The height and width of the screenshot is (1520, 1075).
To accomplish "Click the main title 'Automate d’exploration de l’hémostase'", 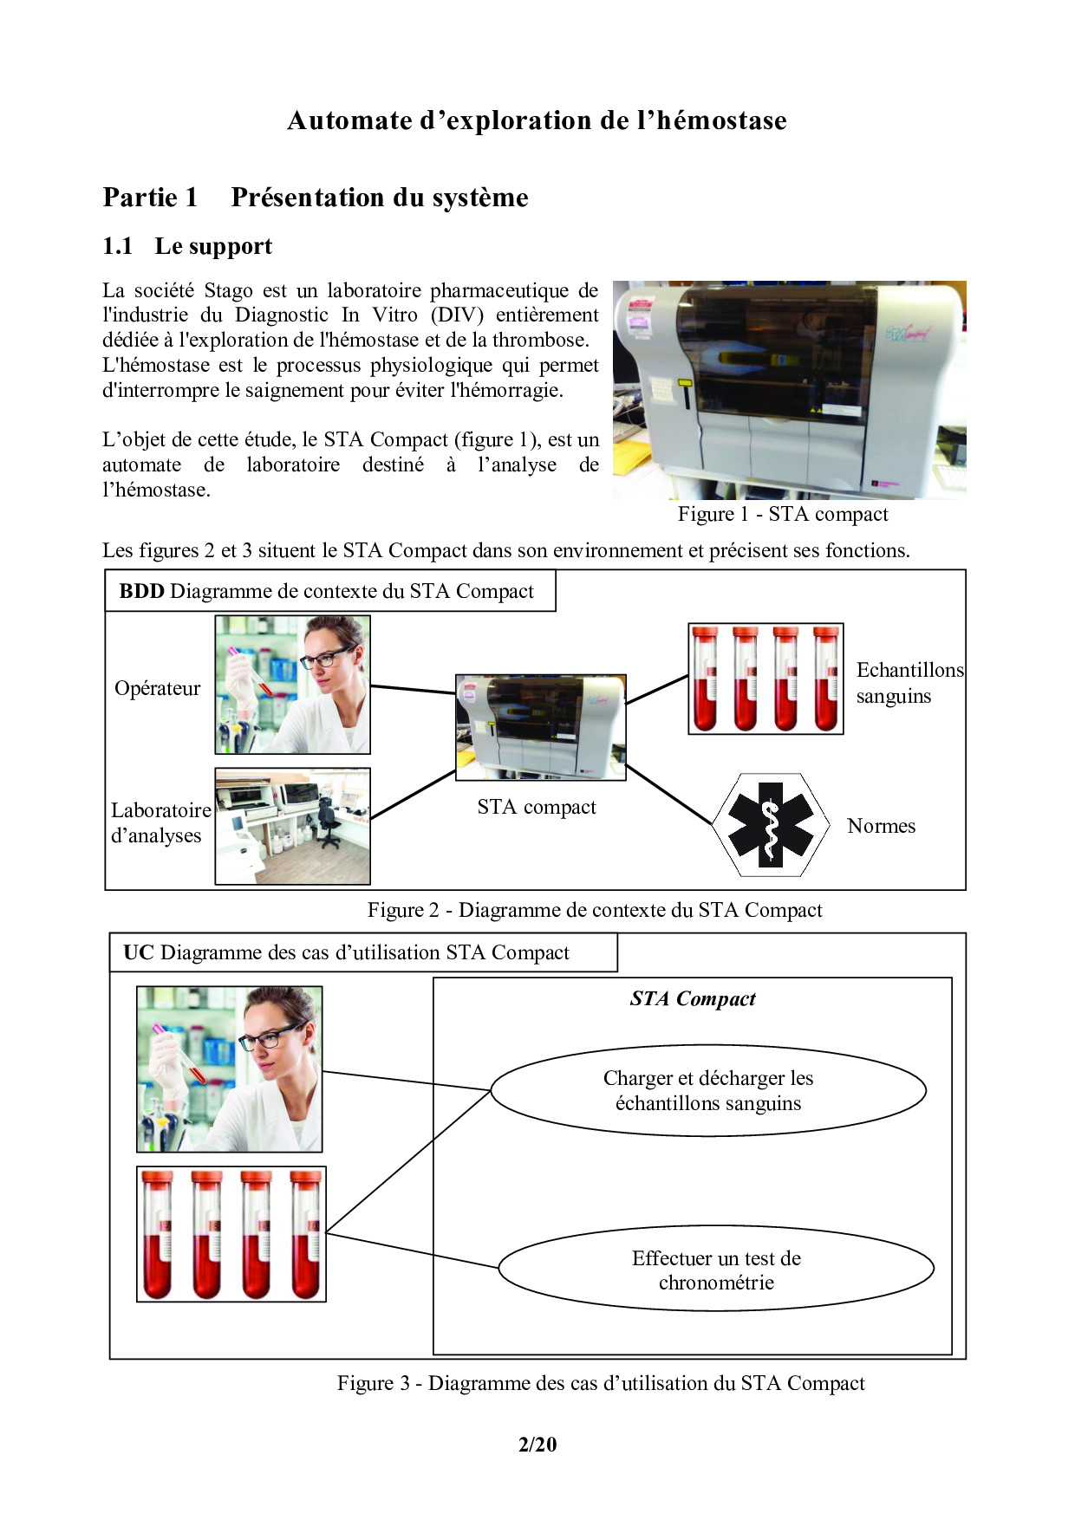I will coord(537,120).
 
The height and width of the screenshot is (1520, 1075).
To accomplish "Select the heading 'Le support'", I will coord(212,247).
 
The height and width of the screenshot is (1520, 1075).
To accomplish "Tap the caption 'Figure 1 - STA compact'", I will coord(782,515).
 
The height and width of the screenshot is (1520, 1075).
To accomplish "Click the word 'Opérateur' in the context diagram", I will coord(157,688).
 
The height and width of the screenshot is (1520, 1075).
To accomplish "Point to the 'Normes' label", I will coord(881,826).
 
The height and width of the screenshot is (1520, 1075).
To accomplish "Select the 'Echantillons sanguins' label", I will coord(909,683).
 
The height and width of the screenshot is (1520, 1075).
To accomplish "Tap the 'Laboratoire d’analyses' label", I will coord(160,822).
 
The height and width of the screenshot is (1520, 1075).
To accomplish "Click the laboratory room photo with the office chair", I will coord(292,826).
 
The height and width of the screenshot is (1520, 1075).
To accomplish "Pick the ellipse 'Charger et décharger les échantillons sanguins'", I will coord(708,1090).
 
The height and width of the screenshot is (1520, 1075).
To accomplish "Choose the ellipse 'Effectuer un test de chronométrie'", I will coord(716,1270).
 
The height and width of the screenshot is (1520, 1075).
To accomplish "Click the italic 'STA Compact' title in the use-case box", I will coord(693,999).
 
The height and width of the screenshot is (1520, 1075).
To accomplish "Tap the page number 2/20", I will coord(537,1445).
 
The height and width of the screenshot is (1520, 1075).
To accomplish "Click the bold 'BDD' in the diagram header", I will coord(141,592).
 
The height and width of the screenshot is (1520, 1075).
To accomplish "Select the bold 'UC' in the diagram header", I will coord(138,953).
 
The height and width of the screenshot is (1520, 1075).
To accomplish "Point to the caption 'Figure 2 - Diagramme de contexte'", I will coord(595,910).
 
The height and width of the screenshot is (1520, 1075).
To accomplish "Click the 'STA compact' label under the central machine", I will coord(537,808).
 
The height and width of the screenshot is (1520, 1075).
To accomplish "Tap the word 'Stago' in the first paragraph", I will coord(228,290).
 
